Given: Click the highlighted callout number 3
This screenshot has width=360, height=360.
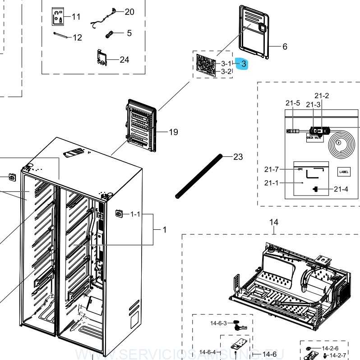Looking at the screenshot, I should coord(243,64).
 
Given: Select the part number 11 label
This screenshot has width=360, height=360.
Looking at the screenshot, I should coord(76,17).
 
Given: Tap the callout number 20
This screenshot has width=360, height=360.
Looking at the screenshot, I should coord(129,12).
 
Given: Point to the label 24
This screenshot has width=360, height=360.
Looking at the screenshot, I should coord(124,59).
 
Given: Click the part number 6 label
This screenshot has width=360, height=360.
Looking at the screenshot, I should coord(285,46).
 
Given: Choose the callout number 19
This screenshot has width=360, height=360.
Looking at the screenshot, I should coord(173,132).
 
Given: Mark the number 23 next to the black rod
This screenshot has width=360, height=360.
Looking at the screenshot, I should coord(238,157).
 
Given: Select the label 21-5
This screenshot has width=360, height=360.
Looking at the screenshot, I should coord(292,103).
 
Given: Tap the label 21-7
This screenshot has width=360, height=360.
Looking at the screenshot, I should coord(272,169).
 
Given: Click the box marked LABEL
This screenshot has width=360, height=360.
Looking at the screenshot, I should coord(343,172).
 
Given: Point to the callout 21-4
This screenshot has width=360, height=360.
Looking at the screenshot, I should coord(341,189).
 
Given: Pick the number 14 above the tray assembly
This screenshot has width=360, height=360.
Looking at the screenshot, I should coord(274,222).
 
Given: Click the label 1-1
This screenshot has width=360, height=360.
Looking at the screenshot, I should coord(135,214).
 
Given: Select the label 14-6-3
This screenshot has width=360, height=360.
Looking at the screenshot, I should coord(218,323).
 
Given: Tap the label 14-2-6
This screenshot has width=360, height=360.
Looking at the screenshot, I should coord(330,348).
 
